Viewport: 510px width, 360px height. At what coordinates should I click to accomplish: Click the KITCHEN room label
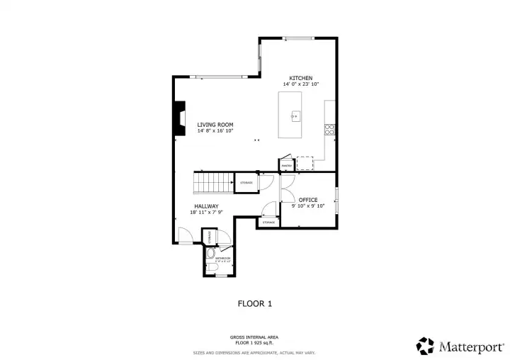pos(300,77)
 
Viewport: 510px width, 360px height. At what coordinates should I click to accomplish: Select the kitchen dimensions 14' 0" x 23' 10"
pos(300,84)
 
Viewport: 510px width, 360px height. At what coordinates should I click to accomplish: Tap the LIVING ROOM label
pos(215,125)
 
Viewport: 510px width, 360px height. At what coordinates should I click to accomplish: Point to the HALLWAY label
pos(206,206)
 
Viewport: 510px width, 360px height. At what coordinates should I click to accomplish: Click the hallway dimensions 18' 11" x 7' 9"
pos(206,213)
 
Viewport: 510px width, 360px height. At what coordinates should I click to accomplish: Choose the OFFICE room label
pos(308,200)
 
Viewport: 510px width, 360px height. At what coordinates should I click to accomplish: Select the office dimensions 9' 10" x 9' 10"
pos(308,206)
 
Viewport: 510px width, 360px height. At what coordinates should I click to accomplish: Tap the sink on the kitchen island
pos(295,116)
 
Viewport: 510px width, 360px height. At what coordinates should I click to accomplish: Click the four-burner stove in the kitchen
pos(329,129)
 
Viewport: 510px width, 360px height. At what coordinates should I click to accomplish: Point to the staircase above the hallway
pos(215,183)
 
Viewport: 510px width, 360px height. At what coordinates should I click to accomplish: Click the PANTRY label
pos(287,166)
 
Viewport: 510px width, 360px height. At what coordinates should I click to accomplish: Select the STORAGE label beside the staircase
pos(246,183)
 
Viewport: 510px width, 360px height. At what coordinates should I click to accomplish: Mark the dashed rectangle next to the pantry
pos(305,164)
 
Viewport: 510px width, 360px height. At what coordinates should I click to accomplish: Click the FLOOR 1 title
pos(254,303)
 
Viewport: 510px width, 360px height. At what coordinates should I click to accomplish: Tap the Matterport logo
pos(460,346)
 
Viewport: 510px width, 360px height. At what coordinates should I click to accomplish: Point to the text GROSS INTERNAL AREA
pos(254,337)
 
